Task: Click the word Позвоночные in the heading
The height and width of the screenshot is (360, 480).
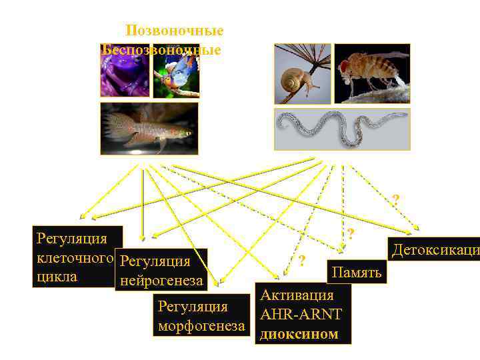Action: [x=175, y=31]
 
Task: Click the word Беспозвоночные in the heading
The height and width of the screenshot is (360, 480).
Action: [x=161, y=50]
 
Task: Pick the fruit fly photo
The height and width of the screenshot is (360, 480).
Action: [x=371, y=73]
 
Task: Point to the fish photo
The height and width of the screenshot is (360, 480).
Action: [x=149, y=128]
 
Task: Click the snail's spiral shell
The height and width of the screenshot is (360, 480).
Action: [x=295, y=81]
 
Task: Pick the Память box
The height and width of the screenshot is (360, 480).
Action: [x=357, y=272]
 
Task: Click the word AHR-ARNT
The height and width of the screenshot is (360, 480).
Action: [x=301, y=315]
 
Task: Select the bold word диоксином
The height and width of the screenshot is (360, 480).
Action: [x=299, y=333]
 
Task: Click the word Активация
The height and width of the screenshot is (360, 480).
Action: [x=297, y=295]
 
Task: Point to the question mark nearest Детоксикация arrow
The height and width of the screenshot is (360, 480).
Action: [x=396, y=199]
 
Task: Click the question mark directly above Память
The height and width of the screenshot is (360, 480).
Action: [x=350, y=233]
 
